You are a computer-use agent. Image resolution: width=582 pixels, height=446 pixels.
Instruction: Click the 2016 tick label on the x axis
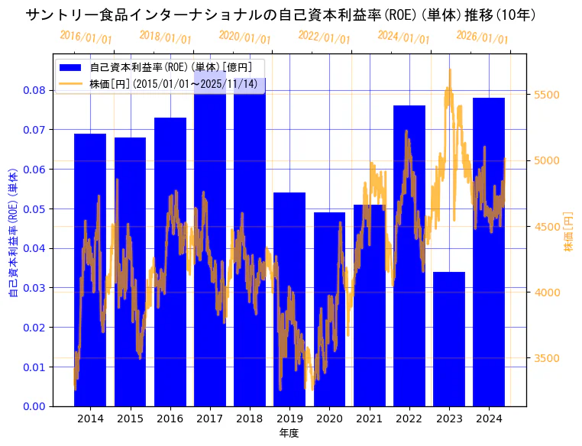click(x=170, y=419)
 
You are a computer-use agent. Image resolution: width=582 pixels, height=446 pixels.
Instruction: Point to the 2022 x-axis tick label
click(x=409, y=419)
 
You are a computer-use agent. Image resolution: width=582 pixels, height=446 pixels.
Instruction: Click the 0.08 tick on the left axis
click(x=34, y=90)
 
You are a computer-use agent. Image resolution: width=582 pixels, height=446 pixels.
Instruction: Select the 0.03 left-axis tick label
click(x=34, y=288)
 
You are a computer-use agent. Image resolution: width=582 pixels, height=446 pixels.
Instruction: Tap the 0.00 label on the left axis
click(x=34, y=406)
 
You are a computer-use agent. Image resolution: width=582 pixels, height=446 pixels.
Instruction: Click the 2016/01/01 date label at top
click(x=86, y=37)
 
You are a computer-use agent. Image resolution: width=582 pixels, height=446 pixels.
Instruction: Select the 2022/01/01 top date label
click(x=324, y=37)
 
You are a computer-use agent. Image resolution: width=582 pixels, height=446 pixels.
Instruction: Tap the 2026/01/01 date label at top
click(x=482, y=37)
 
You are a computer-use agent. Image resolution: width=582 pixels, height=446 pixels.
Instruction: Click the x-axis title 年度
click(x=289, y=433)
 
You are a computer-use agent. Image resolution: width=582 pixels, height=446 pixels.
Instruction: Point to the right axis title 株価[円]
click(x=568, y=232)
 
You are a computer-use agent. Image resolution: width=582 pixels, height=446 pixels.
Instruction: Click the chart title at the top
click(x=280, y=15)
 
